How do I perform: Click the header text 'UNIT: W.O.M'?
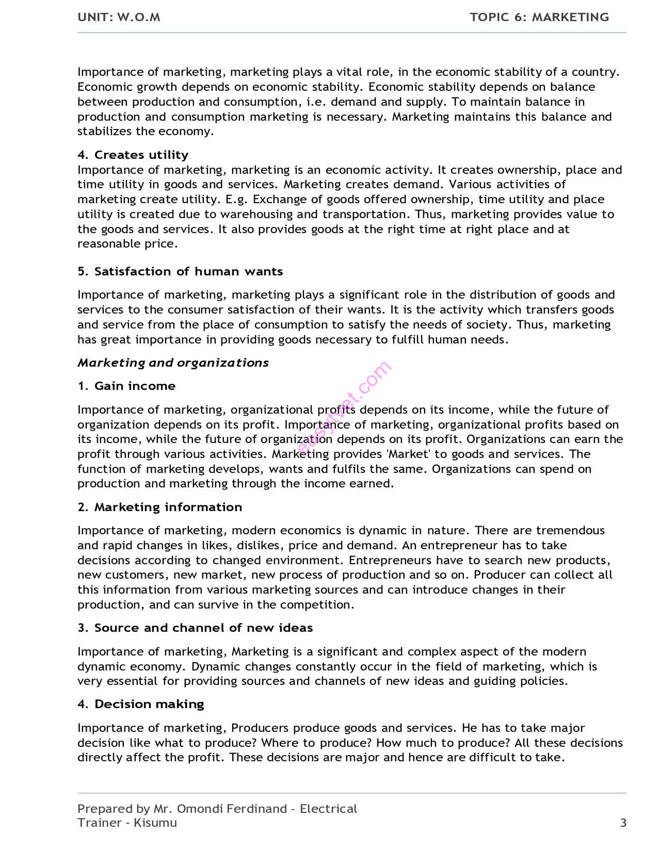click(119, 17)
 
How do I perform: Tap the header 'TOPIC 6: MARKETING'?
click(539, 17)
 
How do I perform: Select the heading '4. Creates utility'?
click(133, 155)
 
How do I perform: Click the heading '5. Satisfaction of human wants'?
click(180, 271)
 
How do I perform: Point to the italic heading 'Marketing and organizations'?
click(173, 363)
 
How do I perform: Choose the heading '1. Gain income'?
click(126, 386)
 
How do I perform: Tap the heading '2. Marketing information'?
click(159, 507)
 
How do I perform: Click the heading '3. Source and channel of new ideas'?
click(195, 628)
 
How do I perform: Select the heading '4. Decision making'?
click(141, 704)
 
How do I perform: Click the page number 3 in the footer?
click(623, 823)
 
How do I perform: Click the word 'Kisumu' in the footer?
click(155, 823)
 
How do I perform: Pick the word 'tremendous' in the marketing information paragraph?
click(570, 530)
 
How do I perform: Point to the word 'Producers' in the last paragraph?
click(260, 728)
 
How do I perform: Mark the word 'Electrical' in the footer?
click(328, 809)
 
